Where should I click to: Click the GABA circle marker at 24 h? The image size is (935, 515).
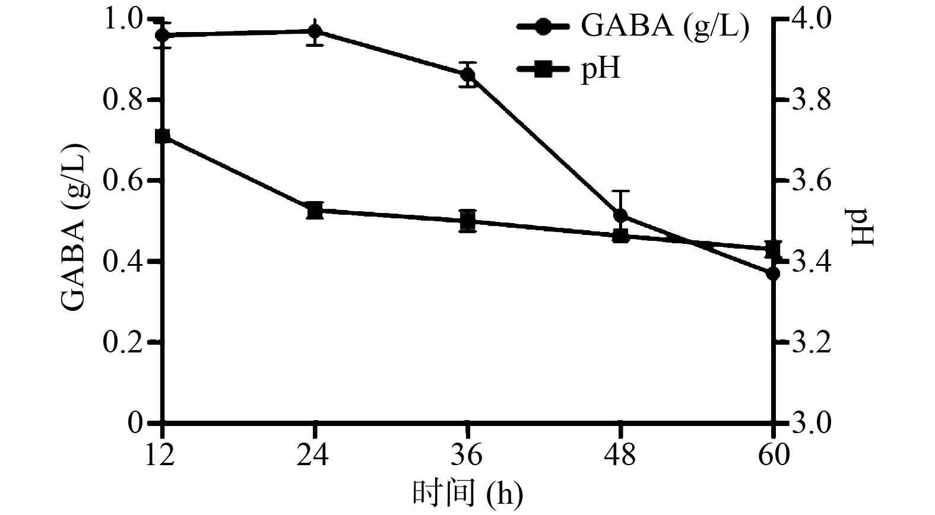[315, 31]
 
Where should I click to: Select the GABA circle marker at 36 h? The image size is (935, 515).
[468, 75]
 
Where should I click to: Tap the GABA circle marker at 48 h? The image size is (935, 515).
[620, 215]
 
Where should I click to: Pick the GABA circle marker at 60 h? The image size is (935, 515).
[773, 274]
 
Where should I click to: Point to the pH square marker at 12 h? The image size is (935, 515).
[163, 136]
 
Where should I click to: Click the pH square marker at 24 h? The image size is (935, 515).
[315, 210]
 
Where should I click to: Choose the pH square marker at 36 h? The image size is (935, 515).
[468, 221]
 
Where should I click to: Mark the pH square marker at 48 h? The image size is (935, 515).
[620, 236]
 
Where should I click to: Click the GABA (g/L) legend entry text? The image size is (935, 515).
[664, 27]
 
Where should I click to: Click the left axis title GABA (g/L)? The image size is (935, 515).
[75, 227]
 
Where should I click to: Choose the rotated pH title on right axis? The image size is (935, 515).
[864, 227]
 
